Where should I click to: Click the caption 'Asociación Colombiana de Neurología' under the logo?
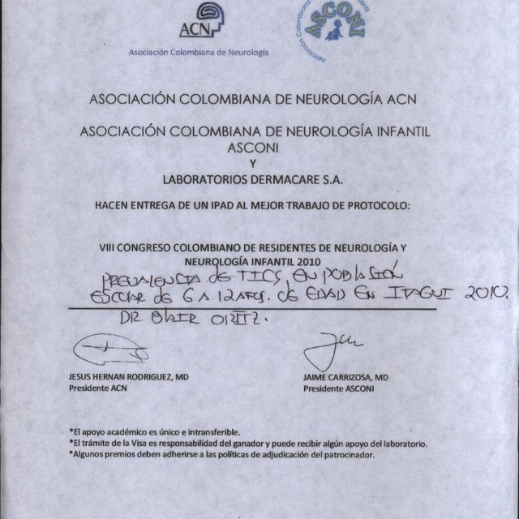(199, 52)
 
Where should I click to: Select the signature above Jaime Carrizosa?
(329, 350)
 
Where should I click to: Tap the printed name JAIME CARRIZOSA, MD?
(345, 377)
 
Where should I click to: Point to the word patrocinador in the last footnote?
(348, 455)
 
